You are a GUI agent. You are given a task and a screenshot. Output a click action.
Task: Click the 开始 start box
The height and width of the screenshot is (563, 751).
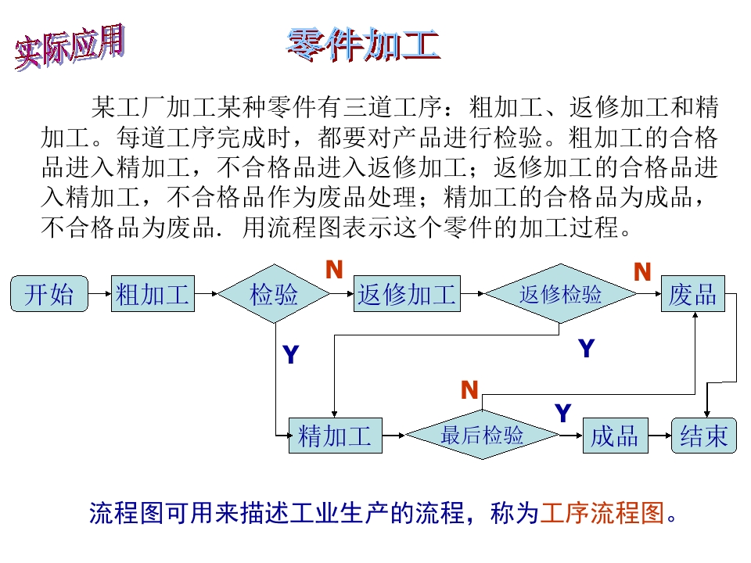click(49, 294)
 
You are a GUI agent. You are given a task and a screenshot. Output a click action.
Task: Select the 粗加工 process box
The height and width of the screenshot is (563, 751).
click(153, 294)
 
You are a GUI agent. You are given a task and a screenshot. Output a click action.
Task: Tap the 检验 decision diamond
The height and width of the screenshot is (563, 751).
click(274, 294)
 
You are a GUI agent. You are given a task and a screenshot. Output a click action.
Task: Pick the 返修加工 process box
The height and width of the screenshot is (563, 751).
click(407, 294)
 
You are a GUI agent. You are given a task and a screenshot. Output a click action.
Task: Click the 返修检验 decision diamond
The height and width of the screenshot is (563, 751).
click(560, 294)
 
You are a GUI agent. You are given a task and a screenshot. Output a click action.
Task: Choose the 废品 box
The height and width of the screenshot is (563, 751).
click(692, 294)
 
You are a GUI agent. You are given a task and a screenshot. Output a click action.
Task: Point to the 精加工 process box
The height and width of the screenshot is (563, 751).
click(336, 435)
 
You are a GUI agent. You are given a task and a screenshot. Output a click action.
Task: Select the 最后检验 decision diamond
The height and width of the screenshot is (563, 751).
click(482, 435)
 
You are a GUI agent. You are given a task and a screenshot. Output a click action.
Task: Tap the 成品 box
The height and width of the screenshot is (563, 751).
click(615, 435)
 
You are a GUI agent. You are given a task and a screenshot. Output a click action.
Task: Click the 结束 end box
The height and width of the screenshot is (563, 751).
click(704, 435)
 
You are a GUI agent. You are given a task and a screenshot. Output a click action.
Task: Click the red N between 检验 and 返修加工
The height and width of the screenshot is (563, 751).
click(334, 270)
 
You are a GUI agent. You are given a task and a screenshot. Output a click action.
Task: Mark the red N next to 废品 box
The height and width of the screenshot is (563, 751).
click(642, 272)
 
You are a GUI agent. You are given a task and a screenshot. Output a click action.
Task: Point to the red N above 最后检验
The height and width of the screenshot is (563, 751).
click(469, 390)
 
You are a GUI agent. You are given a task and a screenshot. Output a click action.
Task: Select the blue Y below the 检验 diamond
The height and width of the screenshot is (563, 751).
click(291, 356)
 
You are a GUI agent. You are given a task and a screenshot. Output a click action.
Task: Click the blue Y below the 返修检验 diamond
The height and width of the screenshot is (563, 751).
click(587, 349)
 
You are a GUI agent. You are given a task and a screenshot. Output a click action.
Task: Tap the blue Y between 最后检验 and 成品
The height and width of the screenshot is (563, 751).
click(563, 413)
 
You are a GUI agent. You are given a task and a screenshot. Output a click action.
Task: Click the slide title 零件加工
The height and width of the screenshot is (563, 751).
click(363, 45)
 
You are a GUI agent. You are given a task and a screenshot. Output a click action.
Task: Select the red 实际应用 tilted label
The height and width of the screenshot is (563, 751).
click(70, 48)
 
